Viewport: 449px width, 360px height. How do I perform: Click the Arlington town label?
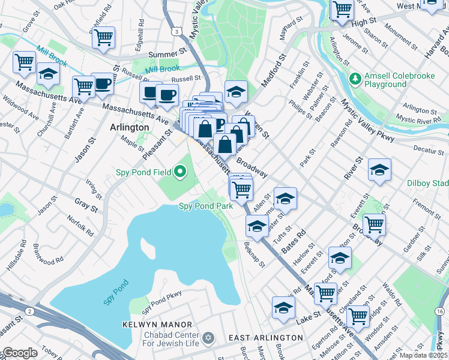point(130,127)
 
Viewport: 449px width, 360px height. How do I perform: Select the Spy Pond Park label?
point(206,206)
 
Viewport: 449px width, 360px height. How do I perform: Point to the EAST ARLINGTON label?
point(266,338)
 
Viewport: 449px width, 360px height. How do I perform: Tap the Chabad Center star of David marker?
point(208,338)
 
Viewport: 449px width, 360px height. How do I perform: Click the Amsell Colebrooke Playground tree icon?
point(355,79)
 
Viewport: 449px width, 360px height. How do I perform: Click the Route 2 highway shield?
point(29,310)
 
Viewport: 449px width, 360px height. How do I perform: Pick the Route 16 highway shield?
point(440,310)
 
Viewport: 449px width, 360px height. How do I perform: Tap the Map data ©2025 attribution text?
point(423,355)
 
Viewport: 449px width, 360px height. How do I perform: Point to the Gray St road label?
point(86,205)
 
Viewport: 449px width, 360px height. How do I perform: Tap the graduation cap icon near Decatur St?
point(379,170)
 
